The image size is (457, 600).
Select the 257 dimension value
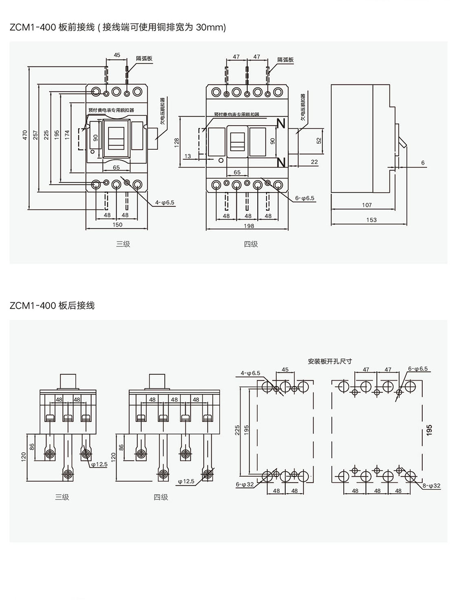(35, 135)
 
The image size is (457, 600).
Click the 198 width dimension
(248, 226)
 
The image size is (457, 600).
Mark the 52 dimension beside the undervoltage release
(319, 140)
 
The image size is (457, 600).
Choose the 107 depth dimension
(367, 205)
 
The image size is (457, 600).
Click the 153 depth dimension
(371, 220)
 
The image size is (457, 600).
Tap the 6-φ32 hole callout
(245, 485)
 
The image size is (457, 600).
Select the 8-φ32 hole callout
(432, 486)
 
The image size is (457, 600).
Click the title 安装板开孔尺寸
(330, 361)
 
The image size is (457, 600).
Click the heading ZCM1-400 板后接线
(52, 306)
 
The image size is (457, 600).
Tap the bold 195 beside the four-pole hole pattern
(429, 430)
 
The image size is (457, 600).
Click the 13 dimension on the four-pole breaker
(188, 156)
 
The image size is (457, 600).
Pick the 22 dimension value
(314, 162)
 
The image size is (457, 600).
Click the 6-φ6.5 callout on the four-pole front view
(305, 198)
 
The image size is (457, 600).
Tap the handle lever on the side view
(402, 142)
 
